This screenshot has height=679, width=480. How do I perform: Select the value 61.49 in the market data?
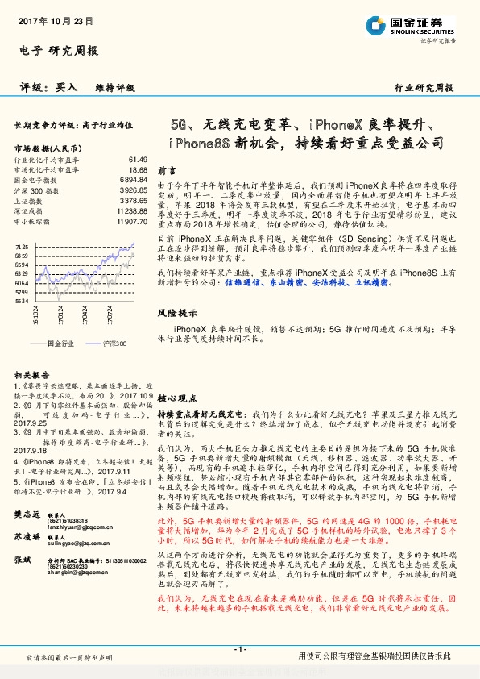pos(138,160)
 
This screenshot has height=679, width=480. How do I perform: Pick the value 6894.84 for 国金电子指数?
pos(131,180)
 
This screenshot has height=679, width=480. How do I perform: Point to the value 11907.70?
pos(130,220)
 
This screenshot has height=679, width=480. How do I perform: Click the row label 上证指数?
pos(29,200)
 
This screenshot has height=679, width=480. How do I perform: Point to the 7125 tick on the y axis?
pos(22,245)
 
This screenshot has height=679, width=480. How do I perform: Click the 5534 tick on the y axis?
pos(22,301)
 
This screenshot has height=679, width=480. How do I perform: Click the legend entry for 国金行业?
pos(60,344)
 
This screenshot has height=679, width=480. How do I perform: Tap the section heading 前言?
pos(167,171)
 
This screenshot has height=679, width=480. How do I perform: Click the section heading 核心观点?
pos(177,398)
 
